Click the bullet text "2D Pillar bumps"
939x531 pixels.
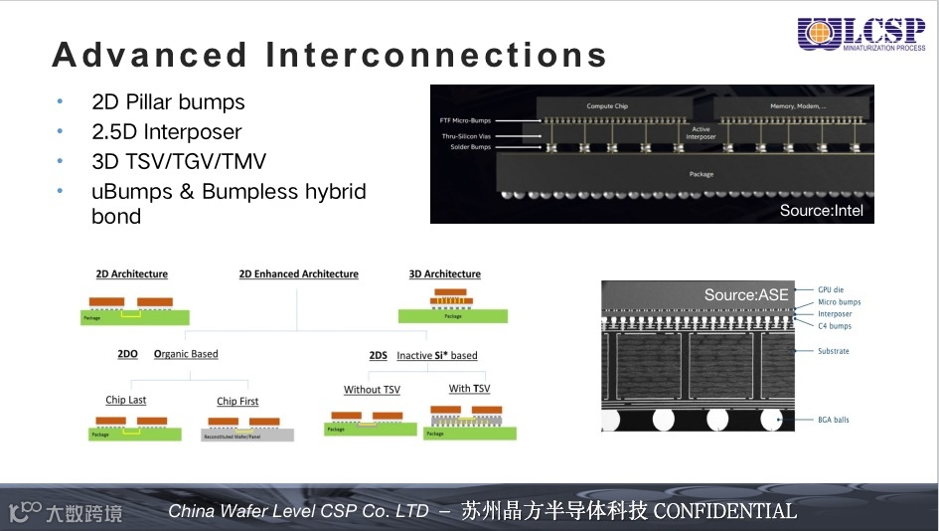coord(168,101)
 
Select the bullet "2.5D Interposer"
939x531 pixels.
coord(166,131)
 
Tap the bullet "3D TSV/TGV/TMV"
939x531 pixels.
coord(179,161)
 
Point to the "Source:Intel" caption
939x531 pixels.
coord(822,210)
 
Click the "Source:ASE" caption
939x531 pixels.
coord(746,294)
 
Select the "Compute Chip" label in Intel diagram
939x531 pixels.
coord(606,106)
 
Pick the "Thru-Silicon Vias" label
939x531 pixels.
coord(467,136)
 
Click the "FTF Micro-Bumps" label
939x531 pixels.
coord(465,120)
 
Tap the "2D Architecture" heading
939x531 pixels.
coord(131,274)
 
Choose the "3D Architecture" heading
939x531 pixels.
coord(444,274)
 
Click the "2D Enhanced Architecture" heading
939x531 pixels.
coord(298,274)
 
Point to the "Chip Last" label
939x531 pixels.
coord(126,400)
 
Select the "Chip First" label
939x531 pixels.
coord(237,402)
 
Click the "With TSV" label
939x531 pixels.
coord(469,389)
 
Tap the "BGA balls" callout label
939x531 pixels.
coord(833,420)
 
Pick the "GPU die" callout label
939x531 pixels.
coord(830,290)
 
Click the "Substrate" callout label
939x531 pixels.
coord(833,351)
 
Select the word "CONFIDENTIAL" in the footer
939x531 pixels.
coord(724,511)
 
